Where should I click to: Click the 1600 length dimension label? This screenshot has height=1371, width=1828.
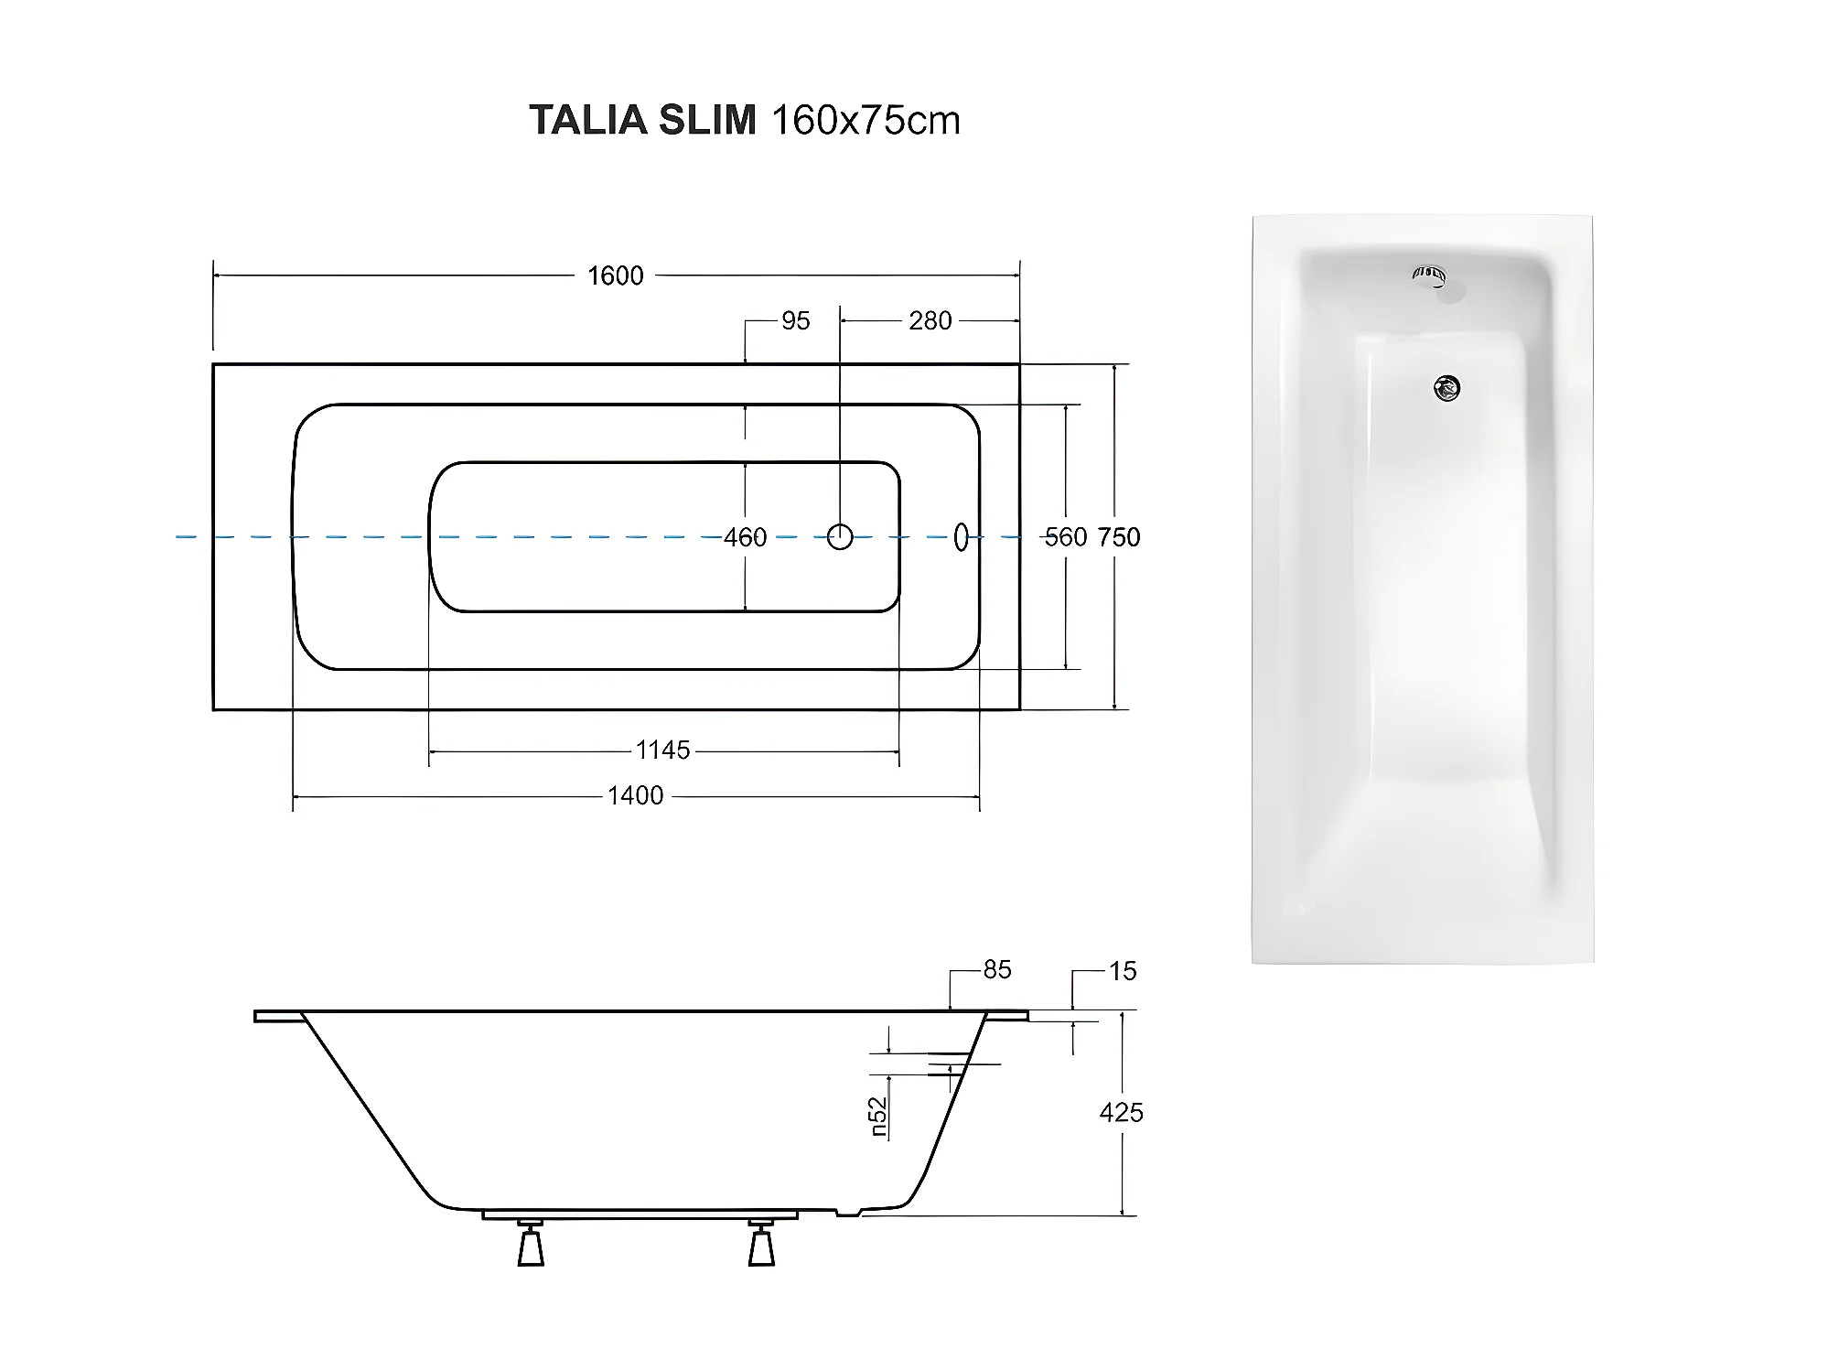point(615,275)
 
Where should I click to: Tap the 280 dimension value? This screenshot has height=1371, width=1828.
point(930,321)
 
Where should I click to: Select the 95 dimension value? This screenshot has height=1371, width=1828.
point(795,321)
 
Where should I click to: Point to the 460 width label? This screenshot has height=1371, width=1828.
point(745,537)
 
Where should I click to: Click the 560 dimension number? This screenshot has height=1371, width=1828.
point(1065,537)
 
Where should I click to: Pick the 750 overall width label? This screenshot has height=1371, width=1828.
point(1119,537)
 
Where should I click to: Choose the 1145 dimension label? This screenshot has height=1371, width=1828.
point(662,750)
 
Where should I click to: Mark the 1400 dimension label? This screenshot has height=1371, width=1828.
point(635,796)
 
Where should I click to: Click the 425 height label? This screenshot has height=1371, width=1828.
point(1121,1113)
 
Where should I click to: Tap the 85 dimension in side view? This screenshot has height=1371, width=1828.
point(997,970)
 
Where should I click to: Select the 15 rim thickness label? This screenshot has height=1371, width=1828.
point(1123,971)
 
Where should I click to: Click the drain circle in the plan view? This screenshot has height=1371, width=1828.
point(840,537)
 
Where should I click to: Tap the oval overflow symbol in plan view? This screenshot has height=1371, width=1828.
point(961,537)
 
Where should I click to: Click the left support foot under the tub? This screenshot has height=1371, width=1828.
point(531,1246)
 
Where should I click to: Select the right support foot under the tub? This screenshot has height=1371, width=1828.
point(761,1246)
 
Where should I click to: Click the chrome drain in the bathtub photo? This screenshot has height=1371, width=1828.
point(1446,390)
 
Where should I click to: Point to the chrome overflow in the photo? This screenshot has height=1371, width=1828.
point(1429,275)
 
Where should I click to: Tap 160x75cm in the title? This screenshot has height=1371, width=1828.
point(866,121)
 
